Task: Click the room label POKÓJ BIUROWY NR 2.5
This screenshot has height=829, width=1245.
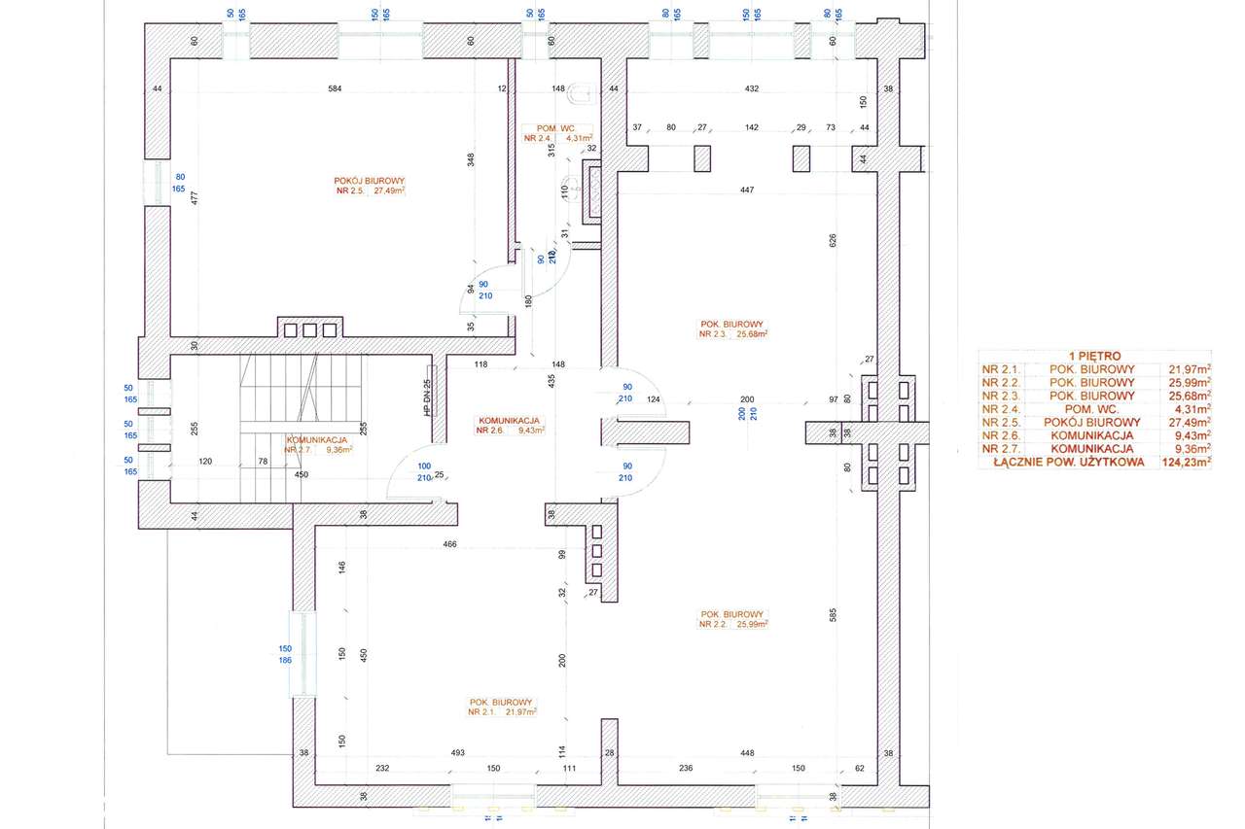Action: click(370, 186)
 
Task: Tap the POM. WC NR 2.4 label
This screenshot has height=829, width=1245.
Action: click(558, 133)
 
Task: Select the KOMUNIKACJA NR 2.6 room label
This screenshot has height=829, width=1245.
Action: click(510, 424)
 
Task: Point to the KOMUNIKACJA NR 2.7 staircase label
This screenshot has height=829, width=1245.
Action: click(317, 444)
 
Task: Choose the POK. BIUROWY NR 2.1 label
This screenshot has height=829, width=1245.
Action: click(502, 707)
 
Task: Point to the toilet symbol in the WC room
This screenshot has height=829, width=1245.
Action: click(584, 94)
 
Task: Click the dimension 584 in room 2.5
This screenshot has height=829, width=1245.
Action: click(335, 89)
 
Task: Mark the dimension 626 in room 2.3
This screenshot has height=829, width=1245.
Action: click(834, 238)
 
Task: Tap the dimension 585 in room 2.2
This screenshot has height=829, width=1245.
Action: click(834, 614)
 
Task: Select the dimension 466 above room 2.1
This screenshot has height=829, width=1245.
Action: click(449, 544)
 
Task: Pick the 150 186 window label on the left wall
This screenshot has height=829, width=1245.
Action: click(285, 654)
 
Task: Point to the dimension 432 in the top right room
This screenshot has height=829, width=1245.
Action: click(751, 89)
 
